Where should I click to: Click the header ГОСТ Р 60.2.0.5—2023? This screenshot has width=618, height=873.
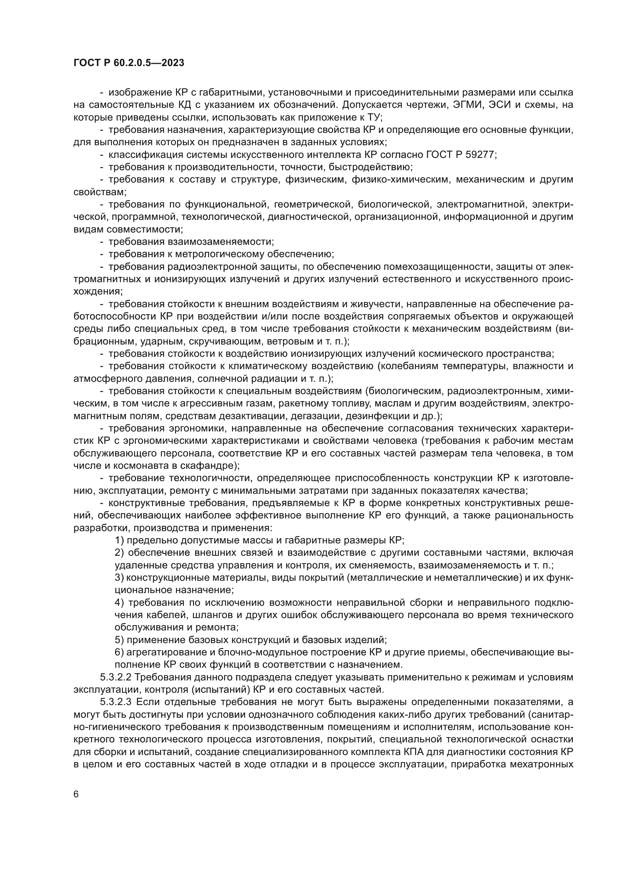click(129, 63)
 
